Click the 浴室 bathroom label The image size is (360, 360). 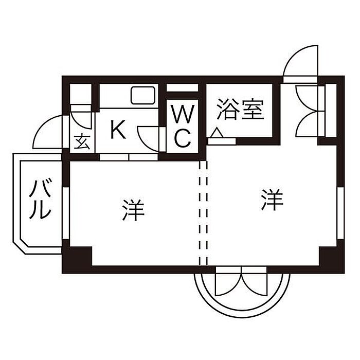[x=240, y=110]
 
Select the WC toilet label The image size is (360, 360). [x=182, y=127]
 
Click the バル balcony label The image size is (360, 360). [x=40, y=200]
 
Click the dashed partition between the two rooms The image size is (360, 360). [x=203, y=213]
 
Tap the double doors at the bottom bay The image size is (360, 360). [x=242, y=282]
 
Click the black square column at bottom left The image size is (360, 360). [x=77, y=257]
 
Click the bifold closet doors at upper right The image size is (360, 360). [x=309, y=110]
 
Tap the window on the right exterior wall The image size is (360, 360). [x=340, y=213]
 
